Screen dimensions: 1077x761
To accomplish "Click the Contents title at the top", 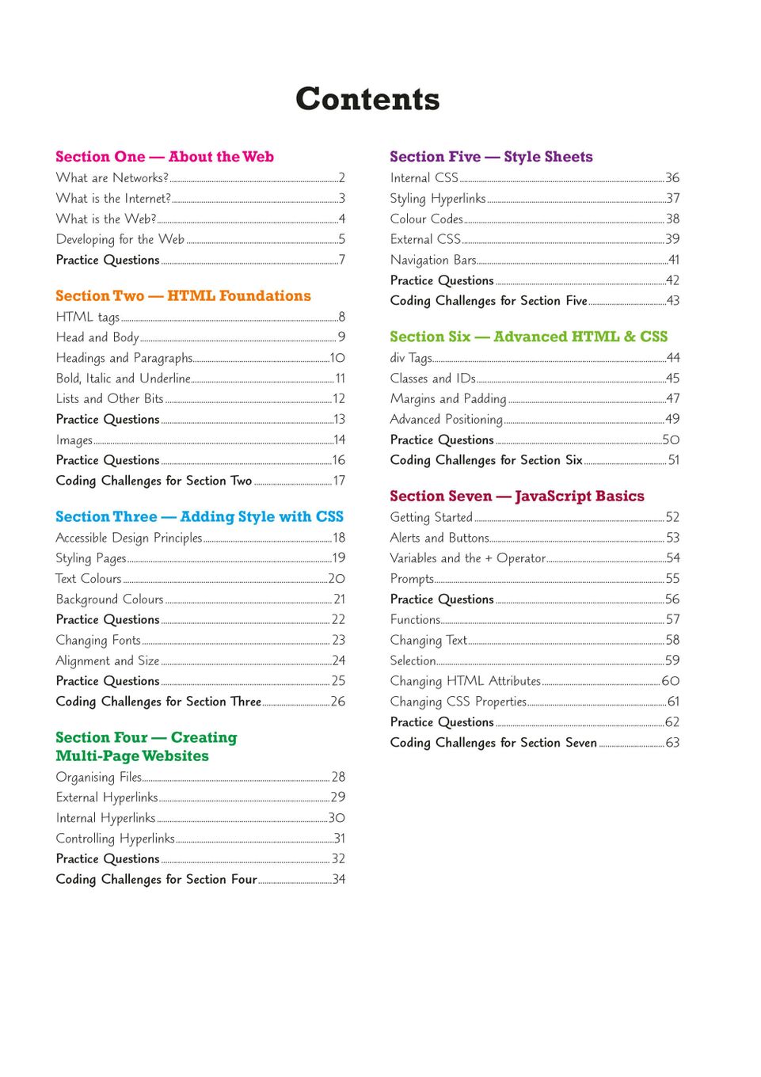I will (x=367, y=100).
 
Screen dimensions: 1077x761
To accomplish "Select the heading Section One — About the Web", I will (x=165, y=157).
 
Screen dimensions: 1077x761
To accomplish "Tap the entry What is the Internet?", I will (x=113, y=199).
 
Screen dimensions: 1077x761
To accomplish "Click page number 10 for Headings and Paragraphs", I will (x=337, y=358).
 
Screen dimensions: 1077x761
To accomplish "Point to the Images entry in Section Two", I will (x=74, y=440).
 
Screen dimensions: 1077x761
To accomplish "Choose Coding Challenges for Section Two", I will (x=154, y=481).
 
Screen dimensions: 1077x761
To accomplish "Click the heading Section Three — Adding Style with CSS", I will (x=200, y=517).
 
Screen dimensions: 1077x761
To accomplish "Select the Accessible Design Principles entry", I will (x=129, y=538).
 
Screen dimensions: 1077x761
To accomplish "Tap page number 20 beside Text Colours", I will (x=337, y=579).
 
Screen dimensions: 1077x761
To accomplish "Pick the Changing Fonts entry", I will (x=98, y=640).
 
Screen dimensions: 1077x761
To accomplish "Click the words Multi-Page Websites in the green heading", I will (x=132, y=756).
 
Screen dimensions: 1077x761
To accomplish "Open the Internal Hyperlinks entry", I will (x=105, y=818).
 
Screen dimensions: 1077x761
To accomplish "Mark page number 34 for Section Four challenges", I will (x=339, y=879).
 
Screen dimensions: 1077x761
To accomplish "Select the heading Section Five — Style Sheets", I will (x=491, y=157).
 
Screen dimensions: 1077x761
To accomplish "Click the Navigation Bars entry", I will (x=433, y=260).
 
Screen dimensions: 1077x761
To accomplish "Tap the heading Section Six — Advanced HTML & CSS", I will (x=528, y=337).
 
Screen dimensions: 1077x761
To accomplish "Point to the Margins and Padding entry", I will (x=448, y=399).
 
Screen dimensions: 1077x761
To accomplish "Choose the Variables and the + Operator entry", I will (x=467, y=558).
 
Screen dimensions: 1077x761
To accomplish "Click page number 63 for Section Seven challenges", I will (x=672, y=743).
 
